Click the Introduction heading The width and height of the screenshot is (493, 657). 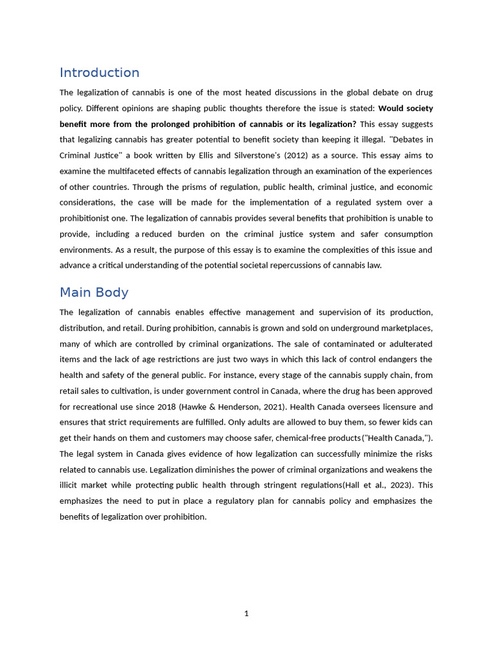pyautogui.click(x=99, y=73)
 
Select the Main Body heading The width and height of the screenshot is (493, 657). pyautogui.click(x=94, y=293)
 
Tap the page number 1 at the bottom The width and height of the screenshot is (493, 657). pyautogui.click(x=246, y=613)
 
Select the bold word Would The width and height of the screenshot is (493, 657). pyautogui.click(x=392, y=108)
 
